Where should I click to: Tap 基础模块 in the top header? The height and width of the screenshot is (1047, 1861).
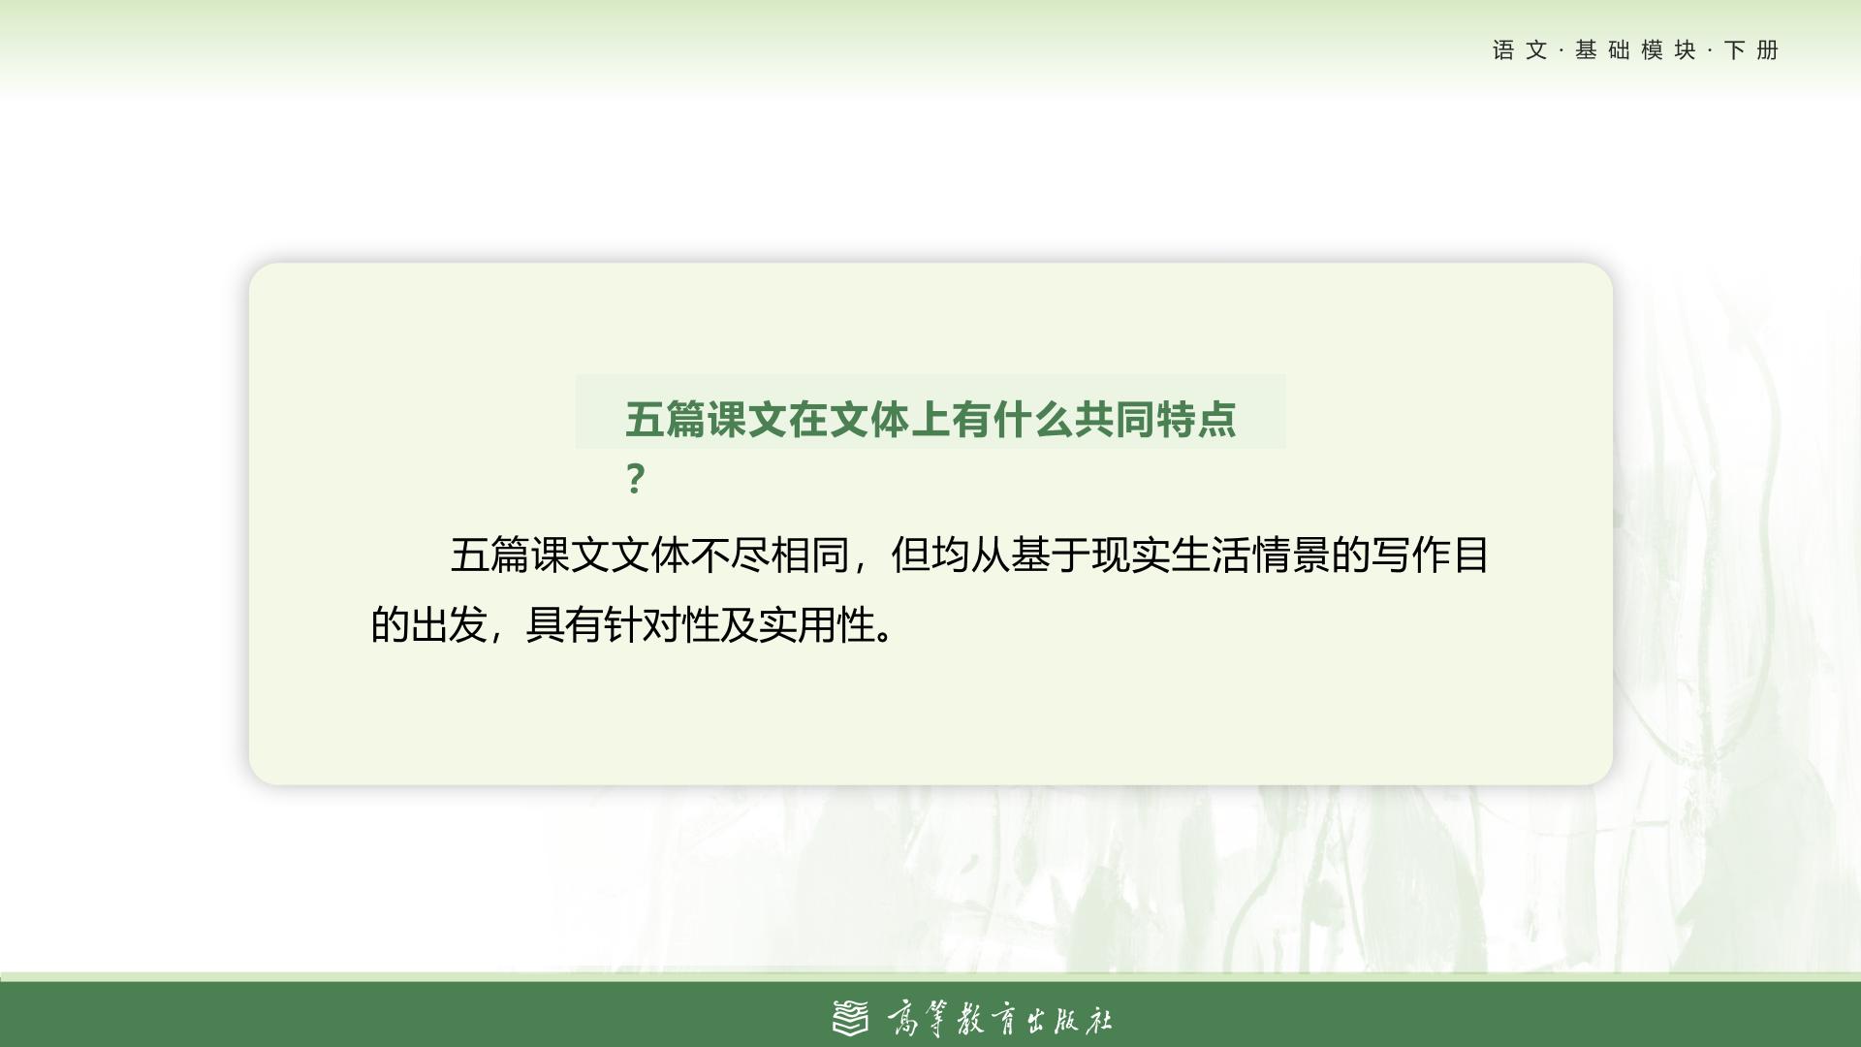pyautogui.click(x=1635, y=50)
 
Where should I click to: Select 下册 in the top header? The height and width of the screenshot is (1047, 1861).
pyautogui.click(x=1751, y=50)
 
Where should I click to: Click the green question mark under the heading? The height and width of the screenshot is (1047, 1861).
pyautogui.click(x=635, y=479)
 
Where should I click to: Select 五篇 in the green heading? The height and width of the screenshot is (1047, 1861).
pyautogui.click(x=665, y=420)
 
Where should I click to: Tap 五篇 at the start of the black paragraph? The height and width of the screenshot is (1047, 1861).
pyautogui.click(x=489, y=555)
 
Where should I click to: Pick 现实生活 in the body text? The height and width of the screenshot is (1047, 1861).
pyautogui.click(x=1171, y=555)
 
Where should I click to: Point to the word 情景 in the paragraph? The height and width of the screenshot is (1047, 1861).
pyautogui.click(x=1290, y=555)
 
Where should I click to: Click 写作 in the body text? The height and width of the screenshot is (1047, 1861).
pyautogui.click(x=1410, y=555)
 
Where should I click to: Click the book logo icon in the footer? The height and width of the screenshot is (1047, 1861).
pyautogui.click(x=852, y=1018)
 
